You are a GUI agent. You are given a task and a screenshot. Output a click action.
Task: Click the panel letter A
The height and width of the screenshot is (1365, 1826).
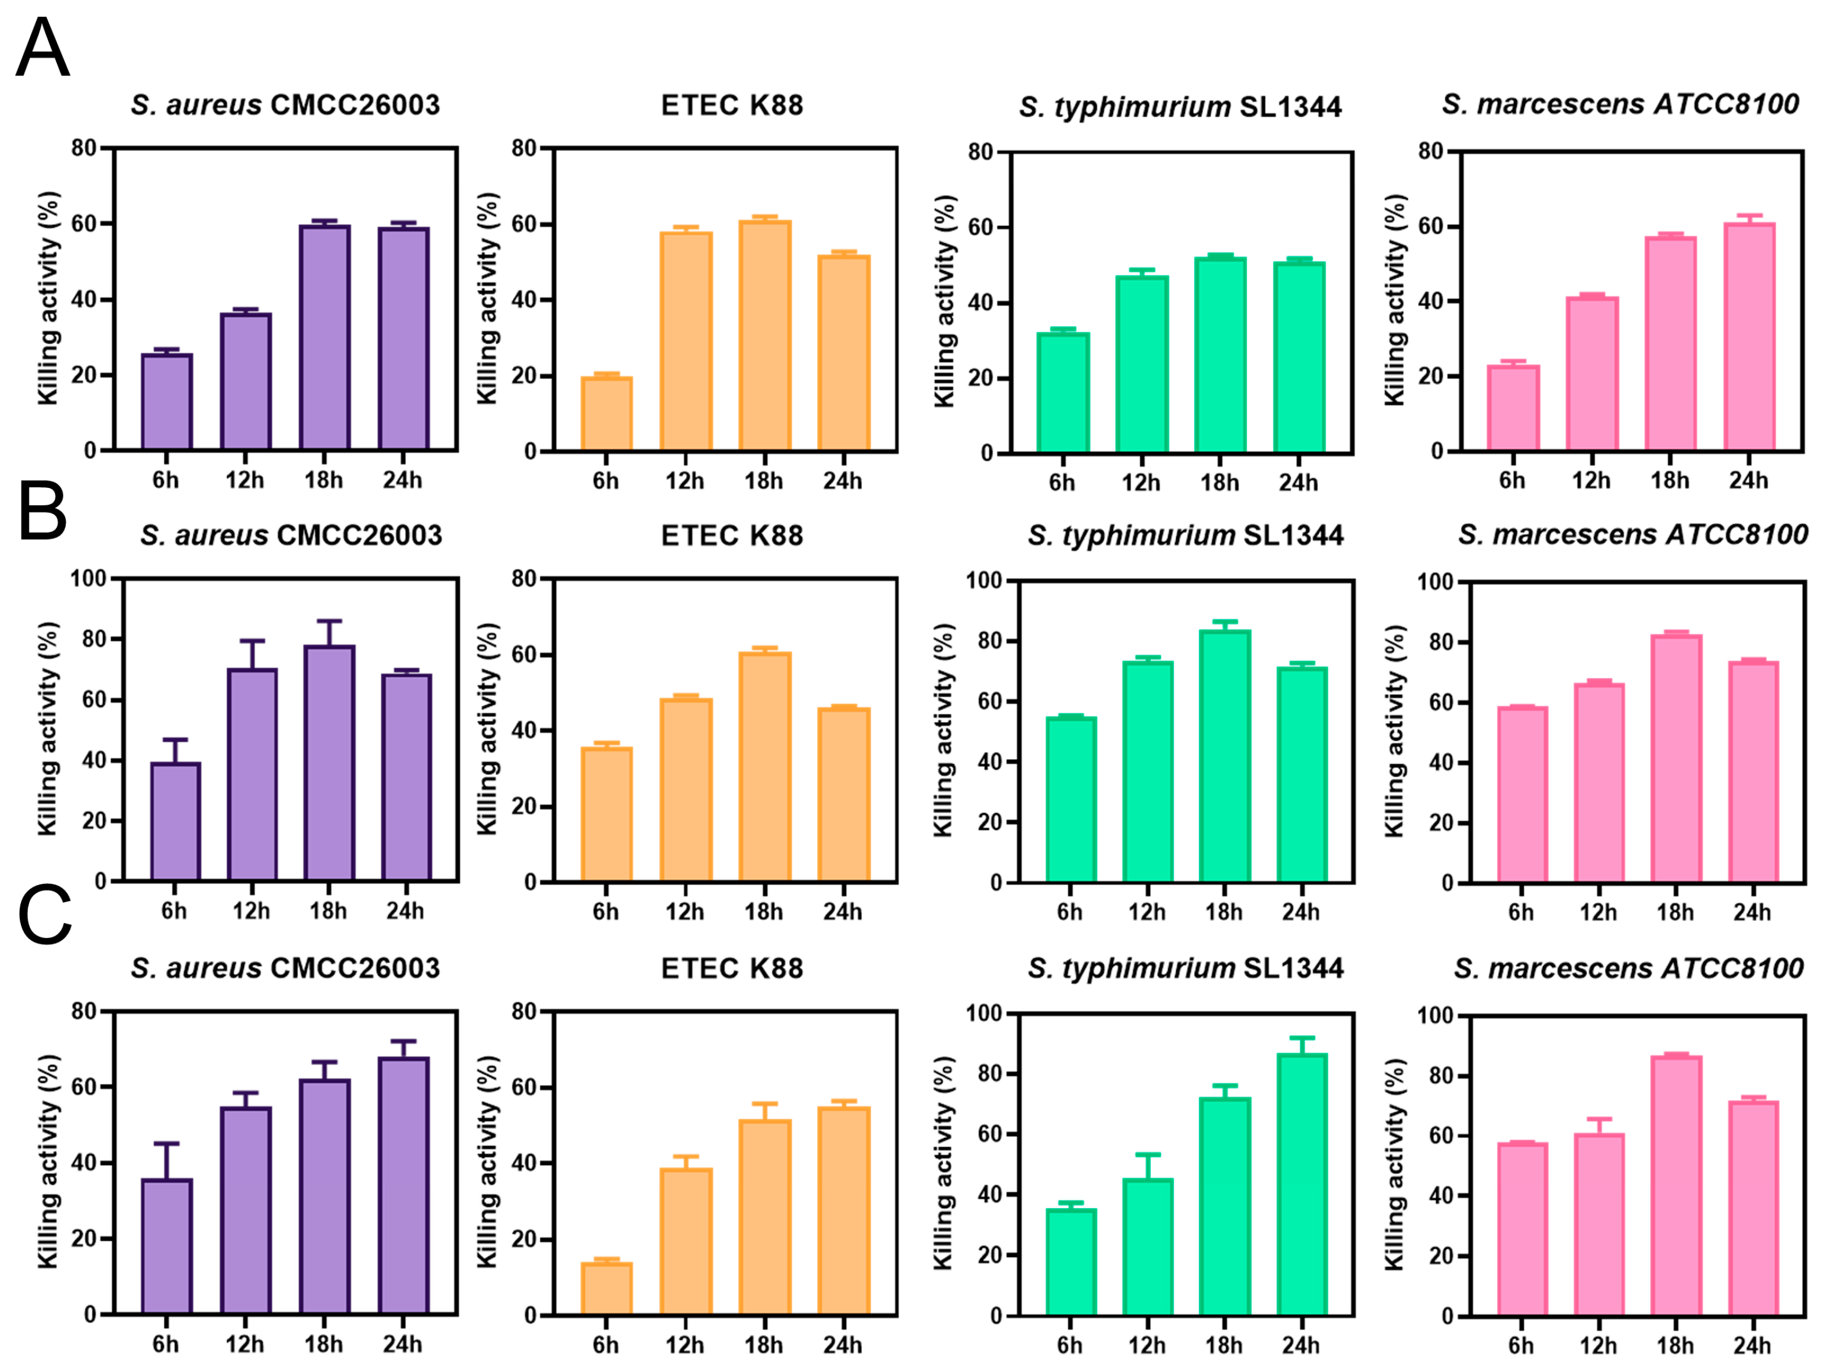click(x=43, y=48)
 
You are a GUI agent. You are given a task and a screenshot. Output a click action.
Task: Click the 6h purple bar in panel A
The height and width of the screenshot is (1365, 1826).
click(x=167, y=402)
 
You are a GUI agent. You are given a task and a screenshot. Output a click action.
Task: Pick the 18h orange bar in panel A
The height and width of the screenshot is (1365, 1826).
click(x=764, y=336)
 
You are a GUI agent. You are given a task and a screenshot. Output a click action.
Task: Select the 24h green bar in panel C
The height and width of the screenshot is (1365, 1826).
click(x=1302, y=1184)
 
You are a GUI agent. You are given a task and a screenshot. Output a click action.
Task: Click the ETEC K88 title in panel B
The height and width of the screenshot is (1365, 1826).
click(x=732, y=536)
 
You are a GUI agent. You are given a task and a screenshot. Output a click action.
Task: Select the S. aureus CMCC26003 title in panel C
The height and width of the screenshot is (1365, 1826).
click(x=285, y=968)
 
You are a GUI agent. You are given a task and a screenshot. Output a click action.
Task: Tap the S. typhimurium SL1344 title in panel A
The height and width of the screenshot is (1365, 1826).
click(x=1180, y=106)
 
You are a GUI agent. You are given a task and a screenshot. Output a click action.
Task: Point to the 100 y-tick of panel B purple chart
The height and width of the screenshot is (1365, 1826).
click(x=89, y=579)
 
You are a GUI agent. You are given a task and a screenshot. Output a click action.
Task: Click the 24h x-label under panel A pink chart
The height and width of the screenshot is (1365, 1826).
click(x=1748, y=480)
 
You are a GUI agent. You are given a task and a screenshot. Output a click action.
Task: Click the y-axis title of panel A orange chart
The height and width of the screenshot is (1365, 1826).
click(x=488, y=299)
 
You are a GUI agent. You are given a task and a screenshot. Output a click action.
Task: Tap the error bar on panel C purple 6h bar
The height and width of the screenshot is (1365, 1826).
click(x=167, y=1161)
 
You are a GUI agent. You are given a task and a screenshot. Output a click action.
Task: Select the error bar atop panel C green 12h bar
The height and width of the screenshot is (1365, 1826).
click(x=1147, y=1166)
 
